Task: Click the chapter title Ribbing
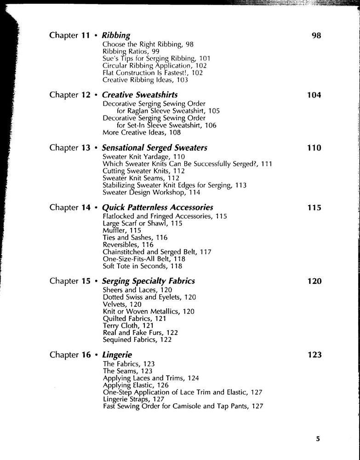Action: pos(116,35)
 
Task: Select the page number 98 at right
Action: pos(316,35)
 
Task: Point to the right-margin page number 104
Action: pos(314,95)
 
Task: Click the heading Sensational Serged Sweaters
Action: pos(154,148)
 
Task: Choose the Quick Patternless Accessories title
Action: pos(157,207)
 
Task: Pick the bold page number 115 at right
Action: pos(314,207)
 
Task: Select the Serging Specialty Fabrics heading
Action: pos(148,281)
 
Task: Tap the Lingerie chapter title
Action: pos(117,355)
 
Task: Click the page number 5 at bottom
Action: pos(318,438)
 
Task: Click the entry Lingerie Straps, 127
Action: pos(133,399)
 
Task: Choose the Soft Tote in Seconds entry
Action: pos(142,266)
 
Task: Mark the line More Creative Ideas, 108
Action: pos(142,132)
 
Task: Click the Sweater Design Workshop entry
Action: pos(151,192)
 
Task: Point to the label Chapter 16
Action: pos(70,355)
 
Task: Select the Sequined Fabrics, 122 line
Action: pos(137,339)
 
